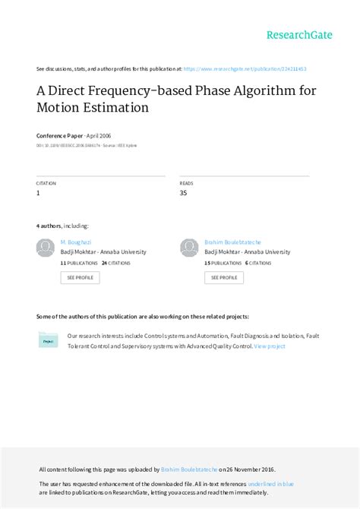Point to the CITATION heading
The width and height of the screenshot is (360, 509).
coord(46,184)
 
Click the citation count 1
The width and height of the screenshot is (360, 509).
coord(39,194)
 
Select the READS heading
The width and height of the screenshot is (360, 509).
coord(186,184)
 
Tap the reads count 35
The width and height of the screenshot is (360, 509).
coord(184,194)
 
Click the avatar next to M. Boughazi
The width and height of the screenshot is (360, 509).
coord(46,248)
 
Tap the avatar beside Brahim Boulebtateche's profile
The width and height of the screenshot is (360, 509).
coord(189,248)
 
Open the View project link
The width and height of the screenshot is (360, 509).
coord(270,346)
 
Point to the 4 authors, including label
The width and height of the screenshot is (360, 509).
coord(62,226)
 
